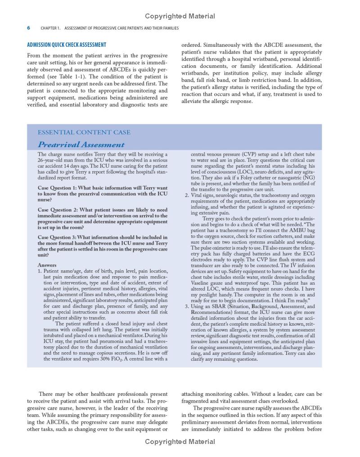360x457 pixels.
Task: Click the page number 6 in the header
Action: click(29, 28)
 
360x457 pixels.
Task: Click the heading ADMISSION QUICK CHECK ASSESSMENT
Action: click(67, 45)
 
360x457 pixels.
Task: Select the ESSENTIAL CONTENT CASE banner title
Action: click(84, 132)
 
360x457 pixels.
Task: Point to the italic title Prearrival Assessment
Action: click(81, 144)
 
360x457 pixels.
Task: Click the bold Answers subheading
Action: click(47, 265)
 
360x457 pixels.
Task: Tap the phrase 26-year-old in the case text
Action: click(50, 160)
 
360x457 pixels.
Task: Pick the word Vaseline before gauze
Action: click(202, 277)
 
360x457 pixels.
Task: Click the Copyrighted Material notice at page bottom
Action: click(180, 442)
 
